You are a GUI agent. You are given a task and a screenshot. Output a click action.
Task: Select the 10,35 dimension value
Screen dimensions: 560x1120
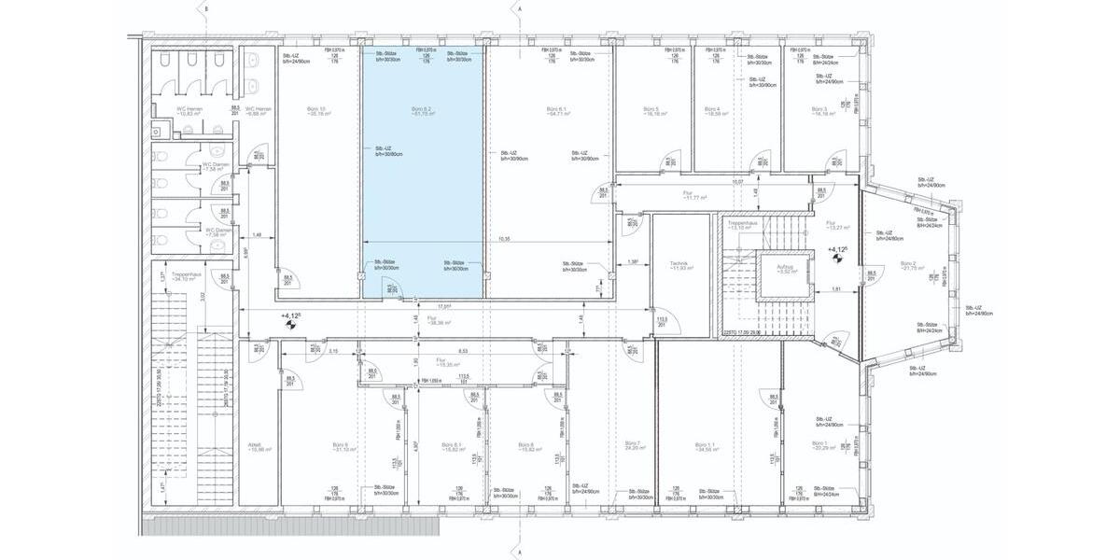pyautogui.click(x=504, y=239)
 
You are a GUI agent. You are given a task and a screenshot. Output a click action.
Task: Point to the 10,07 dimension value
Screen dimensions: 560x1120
pyautogui.click(x=737, y=182)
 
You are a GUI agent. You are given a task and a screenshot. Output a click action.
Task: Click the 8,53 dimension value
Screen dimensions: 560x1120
pyautogui.click(x=463, y=351)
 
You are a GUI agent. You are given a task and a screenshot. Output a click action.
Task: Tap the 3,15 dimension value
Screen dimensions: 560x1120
pyautogui.click(x=333, y=351)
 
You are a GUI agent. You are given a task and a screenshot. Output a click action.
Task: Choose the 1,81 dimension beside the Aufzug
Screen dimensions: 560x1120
pyautogui.click(x=837, y=289)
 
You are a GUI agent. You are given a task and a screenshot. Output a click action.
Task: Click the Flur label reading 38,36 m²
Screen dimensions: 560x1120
pyautogui.click(x=433, y=320)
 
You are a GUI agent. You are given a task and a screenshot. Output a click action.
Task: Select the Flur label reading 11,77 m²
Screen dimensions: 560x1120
pyautogui.click(x=694, y=196)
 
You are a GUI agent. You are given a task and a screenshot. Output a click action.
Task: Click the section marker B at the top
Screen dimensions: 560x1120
pyautogui.click(x=207, y=7)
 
